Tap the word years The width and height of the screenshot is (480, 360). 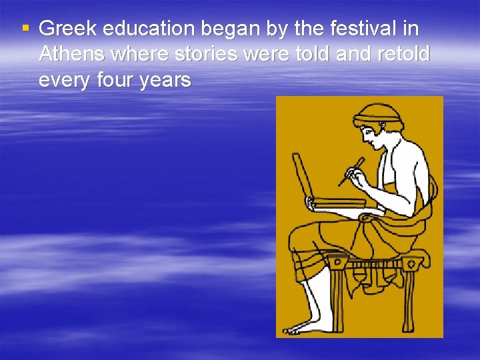pos(167,81)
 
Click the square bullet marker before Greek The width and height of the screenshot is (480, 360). pos(25,28)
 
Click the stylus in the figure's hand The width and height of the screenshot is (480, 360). pos(351,171)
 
